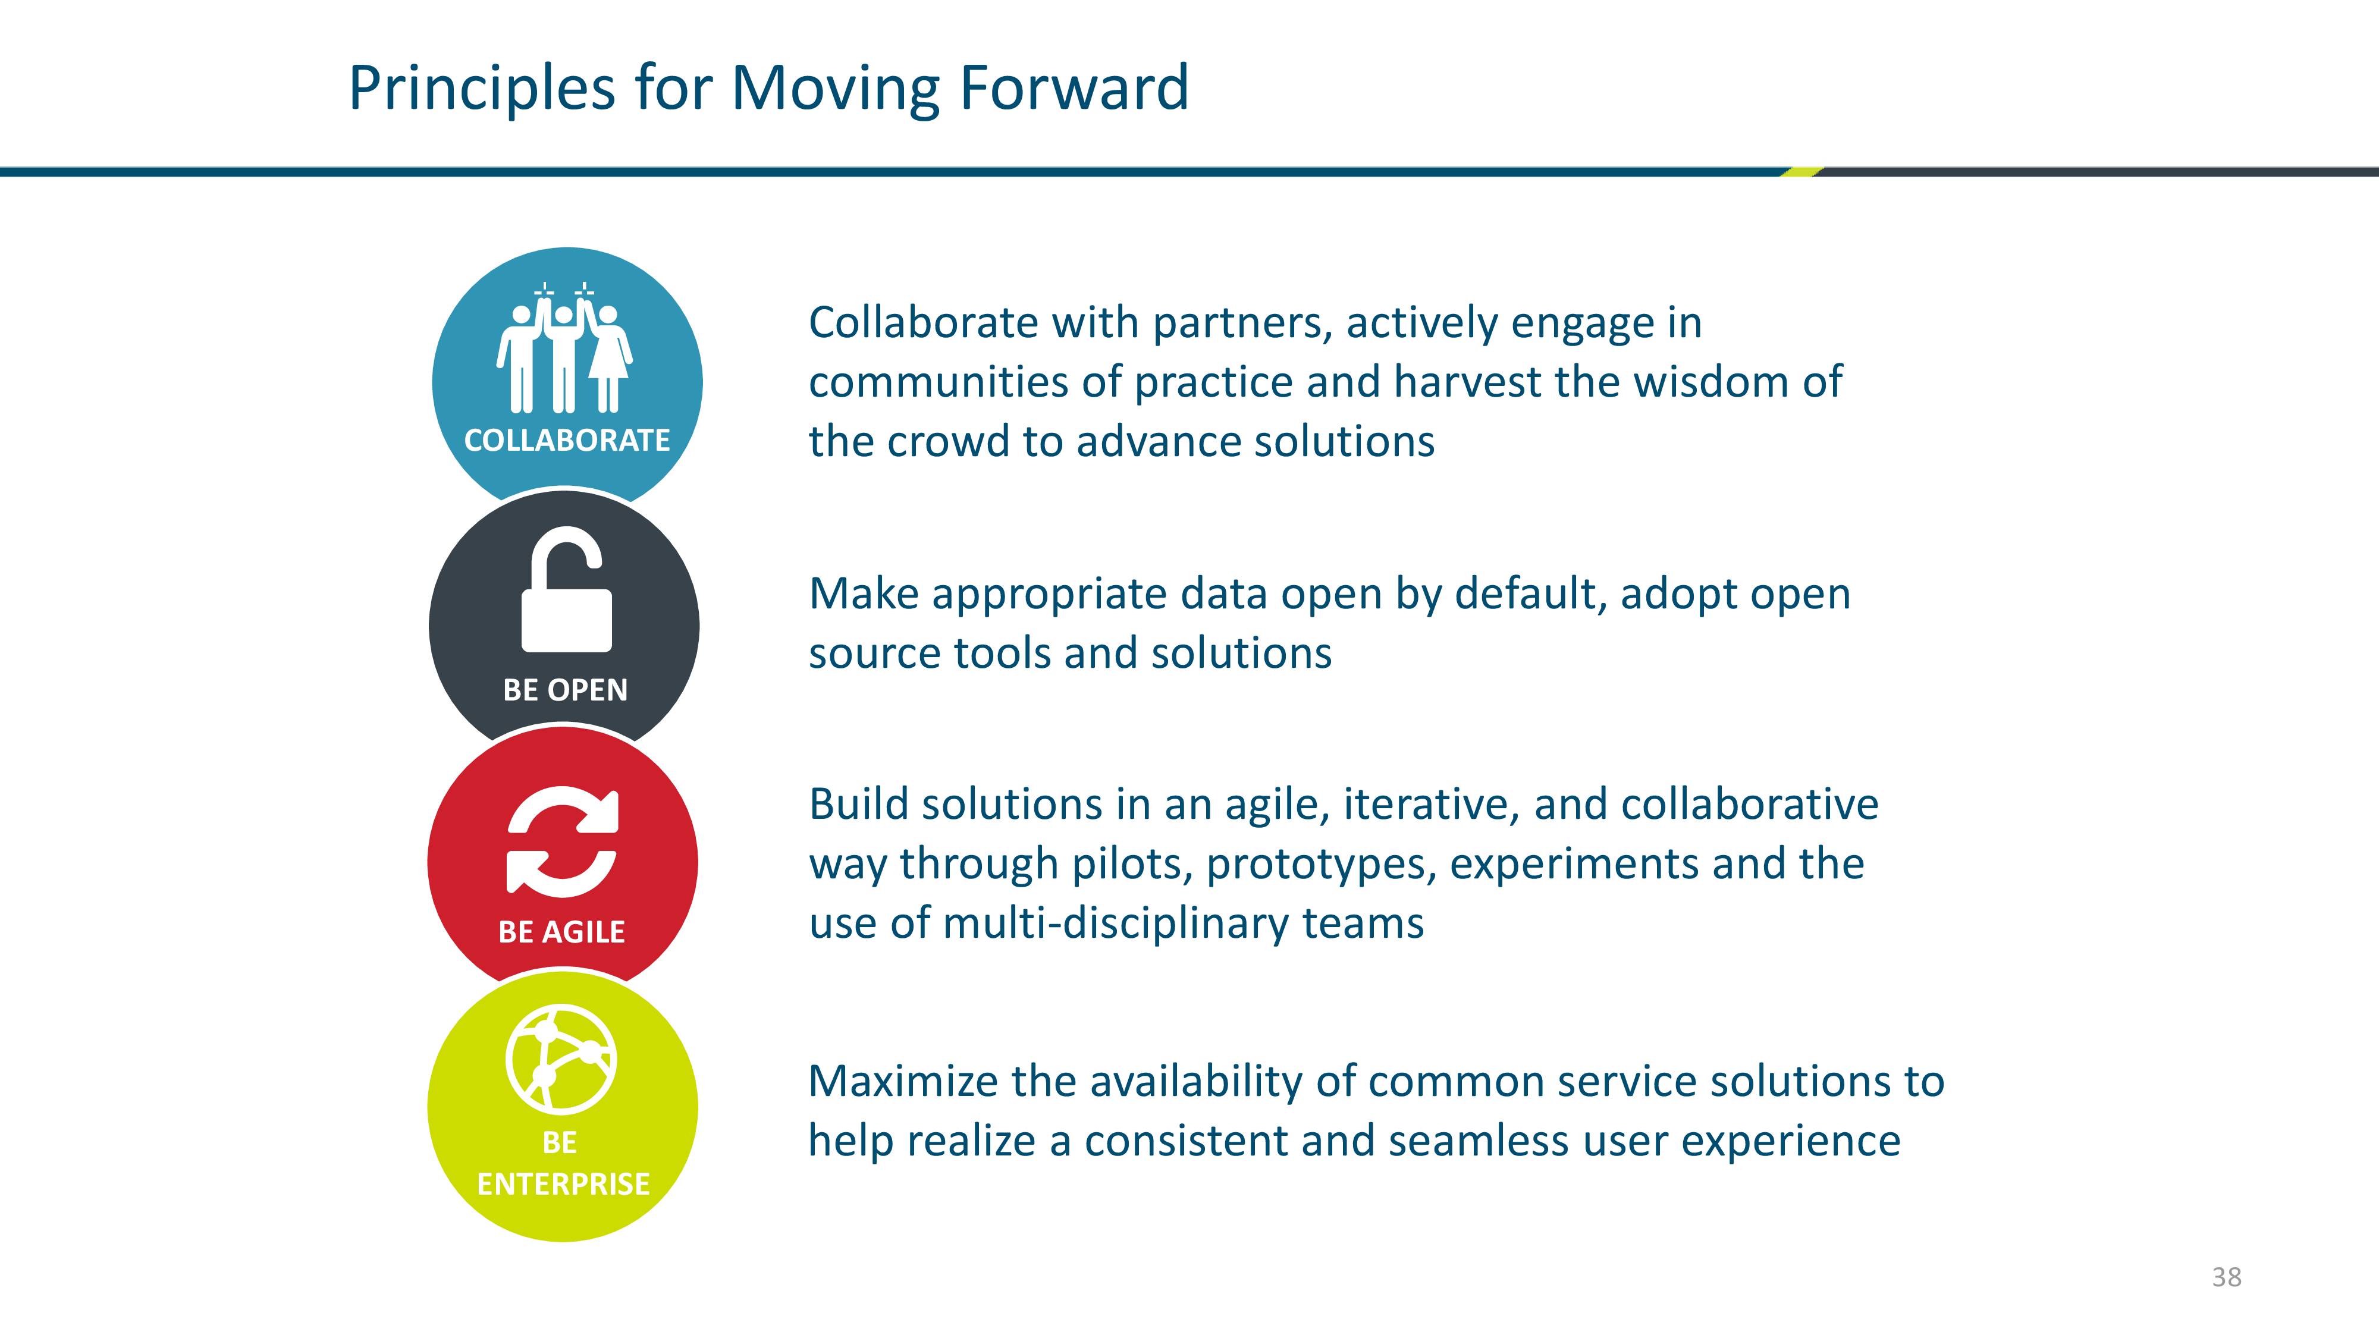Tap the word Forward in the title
pos(1074,88)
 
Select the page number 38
pos(2227,1277)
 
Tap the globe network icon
pos(561,1059)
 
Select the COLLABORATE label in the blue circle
pos(567,441)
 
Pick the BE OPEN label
pos(565,690)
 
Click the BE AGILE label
pos(561,932)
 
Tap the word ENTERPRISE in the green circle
pos(563,1184)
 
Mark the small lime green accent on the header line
pos(1801,172)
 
